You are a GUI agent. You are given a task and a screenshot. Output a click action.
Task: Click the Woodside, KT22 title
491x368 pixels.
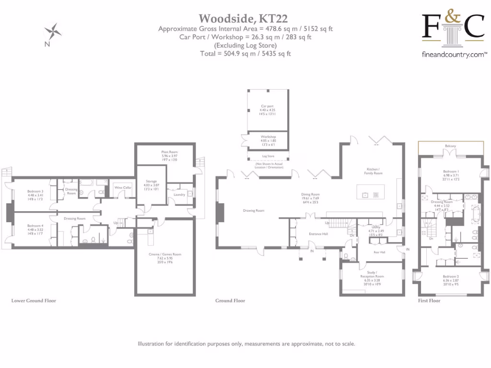point(243,19)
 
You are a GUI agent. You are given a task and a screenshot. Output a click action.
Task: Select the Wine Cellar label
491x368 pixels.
point(122,187)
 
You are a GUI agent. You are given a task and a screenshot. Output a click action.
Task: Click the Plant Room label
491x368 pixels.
point(169,152)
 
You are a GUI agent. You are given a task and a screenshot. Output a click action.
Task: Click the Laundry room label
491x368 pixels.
point(179,195)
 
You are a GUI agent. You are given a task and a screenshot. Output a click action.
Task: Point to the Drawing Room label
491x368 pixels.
point(254,211)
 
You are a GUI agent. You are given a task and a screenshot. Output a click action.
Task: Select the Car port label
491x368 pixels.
point(268,106)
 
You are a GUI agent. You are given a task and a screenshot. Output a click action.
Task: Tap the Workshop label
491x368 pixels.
point(268,137)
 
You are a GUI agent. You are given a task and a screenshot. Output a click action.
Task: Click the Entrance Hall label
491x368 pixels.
point(318,234)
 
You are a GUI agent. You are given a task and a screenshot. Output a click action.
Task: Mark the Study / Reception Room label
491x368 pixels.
point(372,274)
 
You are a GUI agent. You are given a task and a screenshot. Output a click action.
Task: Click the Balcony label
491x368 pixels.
point(450,146)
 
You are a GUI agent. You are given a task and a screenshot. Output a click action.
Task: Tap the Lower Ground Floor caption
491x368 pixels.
point(34,301)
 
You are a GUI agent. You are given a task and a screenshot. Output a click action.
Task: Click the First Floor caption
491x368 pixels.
point(429,301)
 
